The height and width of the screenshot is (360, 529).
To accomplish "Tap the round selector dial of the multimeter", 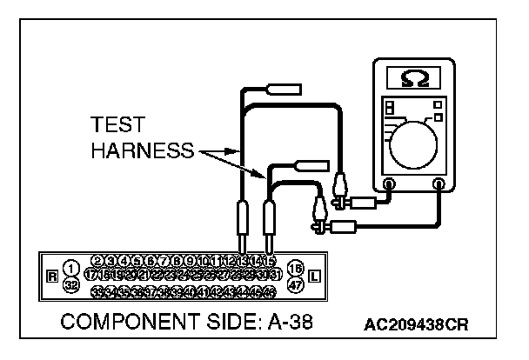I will [x=417, y=137].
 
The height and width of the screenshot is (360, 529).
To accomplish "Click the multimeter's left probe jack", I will [x=390, y=184].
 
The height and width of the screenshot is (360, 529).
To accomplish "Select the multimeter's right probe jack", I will [x=440, y=184].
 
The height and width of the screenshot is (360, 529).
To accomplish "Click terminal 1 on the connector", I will [x=70, y=267].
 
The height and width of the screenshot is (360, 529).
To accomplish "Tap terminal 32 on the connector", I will [x=70, y=283].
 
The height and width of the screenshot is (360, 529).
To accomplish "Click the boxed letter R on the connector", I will [x=53, y=277].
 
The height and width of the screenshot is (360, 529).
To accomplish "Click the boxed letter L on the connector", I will [x=314, y=277].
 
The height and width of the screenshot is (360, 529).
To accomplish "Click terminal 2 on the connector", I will [x=97, y=260].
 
